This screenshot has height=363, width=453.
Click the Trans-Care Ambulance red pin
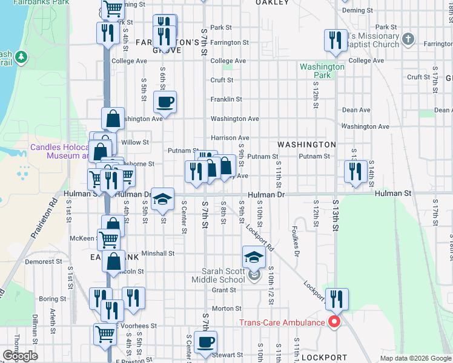tap(332, 322)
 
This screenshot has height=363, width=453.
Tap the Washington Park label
tap(322, 71)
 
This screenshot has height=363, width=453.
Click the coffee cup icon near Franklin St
tap(165, 102)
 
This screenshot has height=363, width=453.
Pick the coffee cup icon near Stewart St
tap(205, 341)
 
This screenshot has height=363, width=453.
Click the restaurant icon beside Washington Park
tap(336, 40)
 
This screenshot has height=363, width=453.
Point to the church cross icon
tap(408, 40)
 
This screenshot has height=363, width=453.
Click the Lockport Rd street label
tap(260, 238)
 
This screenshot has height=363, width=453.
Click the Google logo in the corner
tap(20, 356)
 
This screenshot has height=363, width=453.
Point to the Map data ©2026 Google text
tap(415, 358)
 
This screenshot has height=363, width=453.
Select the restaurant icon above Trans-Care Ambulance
tap(337, 299)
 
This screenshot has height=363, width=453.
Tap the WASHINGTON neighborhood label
tap(306, 145)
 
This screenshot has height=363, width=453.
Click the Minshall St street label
tap(158, 253)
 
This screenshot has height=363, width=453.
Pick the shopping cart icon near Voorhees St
tap(105, 333)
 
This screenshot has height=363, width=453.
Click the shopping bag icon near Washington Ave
tap(113, 118)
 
